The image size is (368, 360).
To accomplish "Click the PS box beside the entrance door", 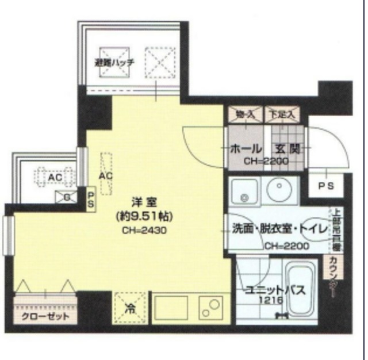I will pos(327,185).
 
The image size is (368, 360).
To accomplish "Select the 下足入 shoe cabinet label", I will pos(283,115).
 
